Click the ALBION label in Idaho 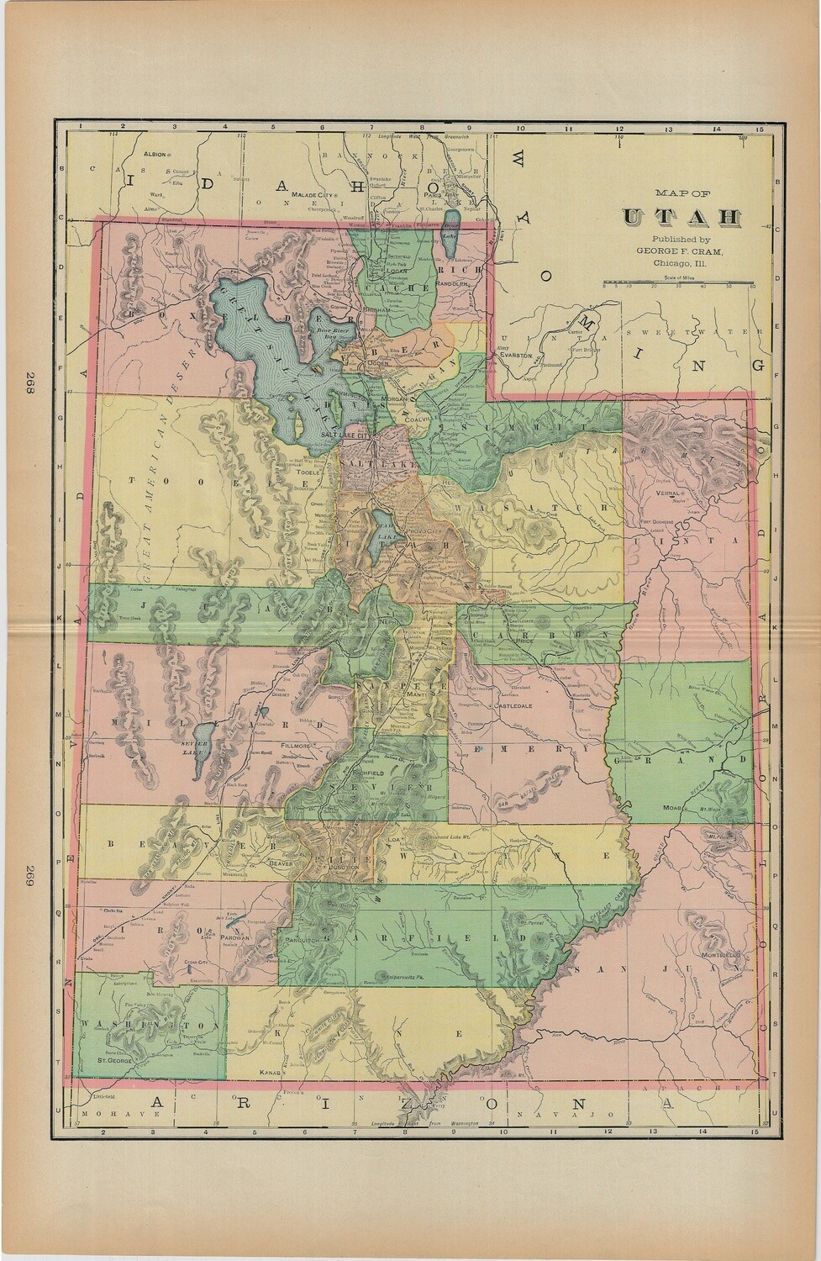(155, 156)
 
